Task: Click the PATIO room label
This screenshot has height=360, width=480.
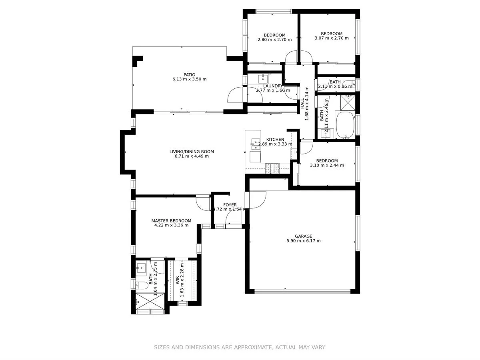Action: (x=190, y=74)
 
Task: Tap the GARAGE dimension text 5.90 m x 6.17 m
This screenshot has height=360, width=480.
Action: (x=303, y=241)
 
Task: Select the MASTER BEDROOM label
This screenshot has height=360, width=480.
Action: (x=171, y=220)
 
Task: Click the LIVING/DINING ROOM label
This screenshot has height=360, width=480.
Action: (x=192, y=152)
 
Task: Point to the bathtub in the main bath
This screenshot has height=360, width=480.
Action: (x=345, y=125)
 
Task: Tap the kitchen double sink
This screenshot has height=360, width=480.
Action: (x=254, y=144)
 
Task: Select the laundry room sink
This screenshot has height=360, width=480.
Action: (x=264, y=78)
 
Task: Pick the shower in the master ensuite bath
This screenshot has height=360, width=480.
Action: (x=150, y=302)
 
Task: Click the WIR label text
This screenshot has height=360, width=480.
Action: (x=177, y=280)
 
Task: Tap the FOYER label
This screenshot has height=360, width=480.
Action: (x=230, y=205)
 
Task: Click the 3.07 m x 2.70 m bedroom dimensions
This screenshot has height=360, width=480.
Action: (x=332, y=38)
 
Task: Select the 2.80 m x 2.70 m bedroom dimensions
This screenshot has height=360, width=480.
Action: (x=274, y=40)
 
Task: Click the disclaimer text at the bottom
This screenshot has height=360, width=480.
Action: (x=240, y=347)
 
